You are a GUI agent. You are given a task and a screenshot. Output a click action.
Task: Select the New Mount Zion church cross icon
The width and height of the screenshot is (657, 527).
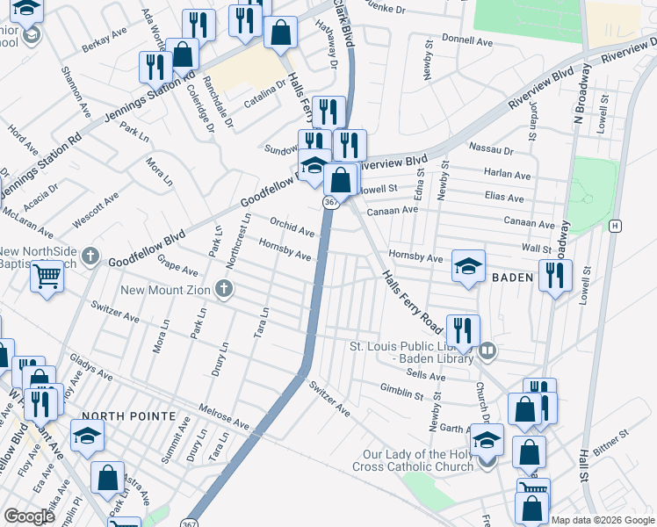pyautogui.click(x=225, y=288)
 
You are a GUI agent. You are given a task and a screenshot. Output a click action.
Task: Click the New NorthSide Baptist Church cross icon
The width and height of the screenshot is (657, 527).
pyautogui.click(x=90, y=256)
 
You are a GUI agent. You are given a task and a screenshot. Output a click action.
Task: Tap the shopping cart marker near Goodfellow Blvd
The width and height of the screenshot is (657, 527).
pyautogui.click(x=47, y=277)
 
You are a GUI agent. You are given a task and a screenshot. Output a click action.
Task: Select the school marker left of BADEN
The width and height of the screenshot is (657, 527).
pyautogui.click(x=469, y=265)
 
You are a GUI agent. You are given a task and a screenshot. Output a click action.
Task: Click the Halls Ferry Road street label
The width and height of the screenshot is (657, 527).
pyautogui.click(x=411, y=300)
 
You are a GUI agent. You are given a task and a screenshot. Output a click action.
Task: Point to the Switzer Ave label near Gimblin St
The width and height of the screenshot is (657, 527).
pyautogui.click(x=328, y=400)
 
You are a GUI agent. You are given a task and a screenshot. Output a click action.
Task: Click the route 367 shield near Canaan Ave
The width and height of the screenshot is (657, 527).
pyautogui.click(x=330, y=202)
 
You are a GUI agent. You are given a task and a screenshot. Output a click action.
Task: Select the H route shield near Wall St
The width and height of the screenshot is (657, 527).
pyautogui.click(x=616, y=226)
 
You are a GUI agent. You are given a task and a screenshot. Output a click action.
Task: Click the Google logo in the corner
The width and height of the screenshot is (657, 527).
pyautogui.click(x=30, y=516)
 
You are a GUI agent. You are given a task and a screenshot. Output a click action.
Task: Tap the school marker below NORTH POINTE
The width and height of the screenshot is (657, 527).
pyautogui.click(x=88, y=435)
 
